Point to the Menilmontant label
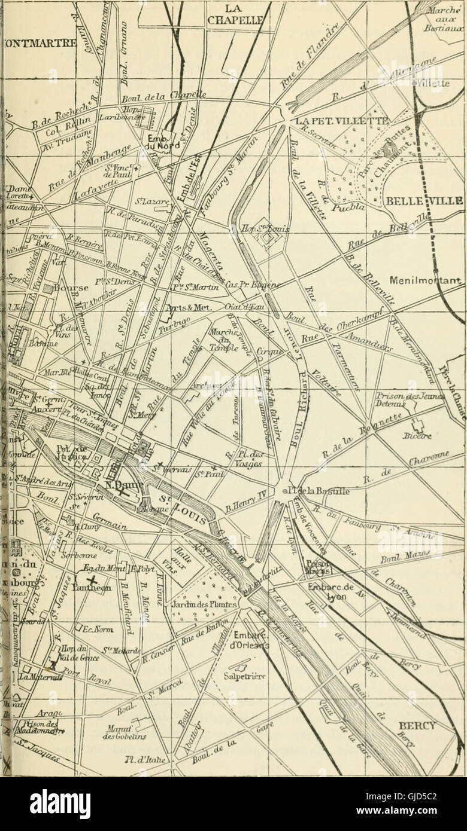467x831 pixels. coord(427,280)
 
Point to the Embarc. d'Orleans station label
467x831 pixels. coord(249,640)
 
